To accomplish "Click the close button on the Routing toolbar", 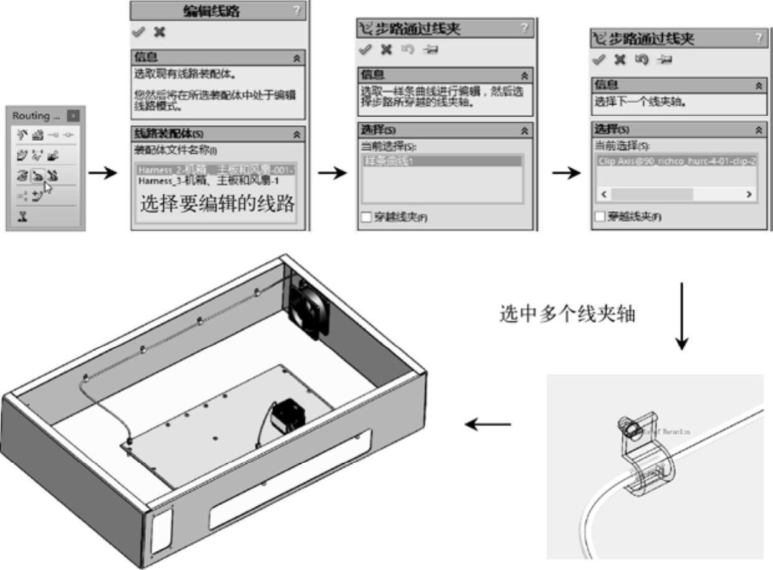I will coord(74,116).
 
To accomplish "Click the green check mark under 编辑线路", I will coord(138,32).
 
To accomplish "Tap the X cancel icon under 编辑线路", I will coord(159,32).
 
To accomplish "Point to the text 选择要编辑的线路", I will coord(217,204).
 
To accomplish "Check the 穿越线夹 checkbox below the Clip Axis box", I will coord(600,217).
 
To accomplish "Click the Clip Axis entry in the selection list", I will coord(676,161).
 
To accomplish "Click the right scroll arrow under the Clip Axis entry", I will coord(749,194).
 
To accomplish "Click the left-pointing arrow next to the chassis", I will coord(488,425).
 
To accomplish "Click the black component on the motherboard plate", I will coord(288,413).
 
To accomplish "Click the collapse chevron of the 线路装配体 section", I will coord(298,133).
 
